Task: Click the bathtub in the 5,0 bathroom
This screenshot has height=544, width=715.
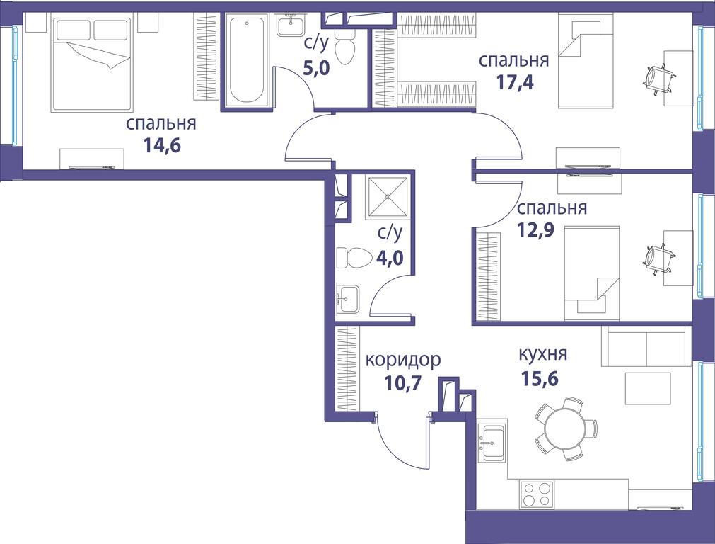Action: pyautogui.click(x=247, y=59)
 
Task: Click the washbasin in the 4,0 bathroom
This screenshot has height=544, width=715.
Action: pyautogui.click(x=348, y=299)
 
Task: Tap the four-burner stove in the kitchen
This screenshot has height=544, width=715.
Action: pyautogui.click(x=536, y=494)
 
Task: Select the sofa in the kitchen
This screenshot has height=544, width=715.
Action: pyautogui.click(x=644, y=346)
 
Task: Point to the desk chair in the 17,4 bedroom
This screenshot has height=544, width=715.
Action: pyautogui.click(x=658, y=79)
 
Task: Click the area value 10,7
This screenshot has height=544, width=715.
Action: pyautogui.click(x=400, y=384)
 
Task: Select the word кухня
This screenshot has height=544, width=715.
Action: pyautogui.click(x=543, y=353)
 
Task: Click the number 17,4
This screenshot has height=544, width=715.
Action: pyautogui.click(x=515, y=83)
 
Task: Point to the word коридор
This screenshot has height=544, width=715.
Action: pyautogui.click(x=404, y=360)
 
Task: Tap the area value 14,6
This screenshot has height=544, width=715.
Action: pyautogui.click(x=162, y=145)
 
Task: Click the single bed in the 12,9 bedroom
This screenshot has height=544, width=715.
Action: pyautogui.click(x=592, y=273)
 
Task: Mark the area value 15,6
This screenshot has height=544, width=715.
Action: pyautogui.click(x=540, y=378)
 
